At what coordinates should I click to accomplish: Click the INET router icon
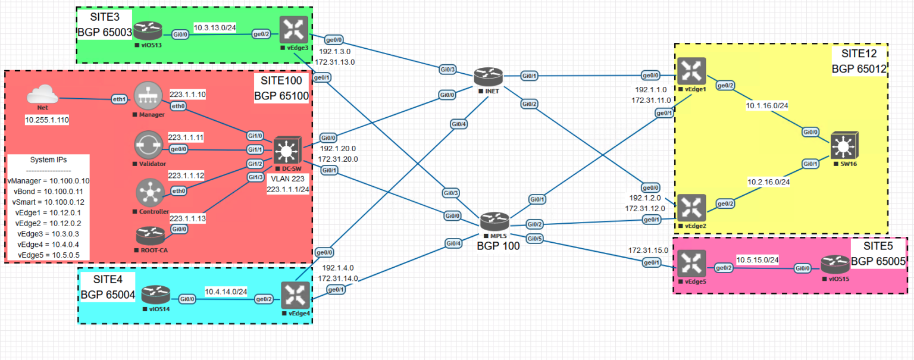[489, 76]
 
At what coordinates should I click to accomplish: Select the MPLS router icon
[494, 222]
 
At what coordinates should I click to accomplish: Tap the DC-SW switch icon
[286, 152]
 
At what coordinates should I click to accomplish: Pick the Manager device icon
[148, 96]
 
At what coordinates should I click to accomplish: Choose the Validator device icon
[149, 145]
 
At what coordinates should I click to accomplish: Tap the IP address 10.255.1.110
[47, 120]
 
